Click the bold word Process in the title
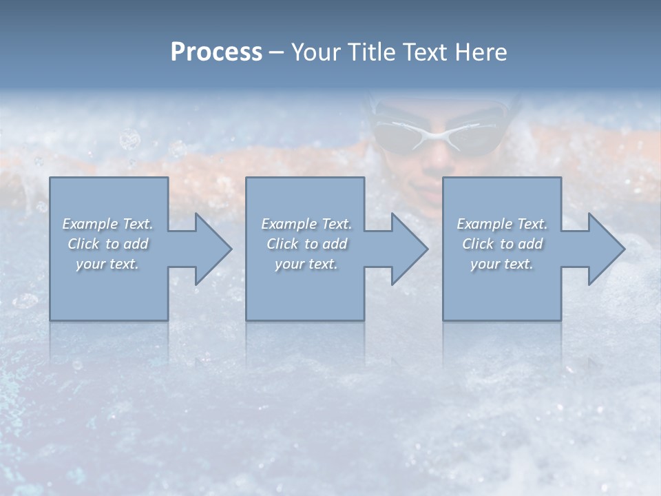[216, 52]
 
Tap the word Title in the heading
[370, 52]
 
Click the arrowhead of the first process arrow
[213, 249]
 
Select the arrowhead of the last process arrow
[606, 249]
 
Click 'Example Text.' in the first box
[107, 224]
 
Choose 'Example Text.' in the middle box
[306, 224]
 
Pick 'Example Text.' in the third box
[502, 224]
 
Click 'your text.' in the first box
[107, 264]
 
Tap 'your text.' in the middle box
[306, 264]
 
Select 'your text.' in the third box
[502, 264]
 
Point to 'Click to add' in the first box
[107, 244]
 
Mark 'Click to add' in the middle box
[306, 244]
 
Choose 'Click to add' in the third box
[502, 244]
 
